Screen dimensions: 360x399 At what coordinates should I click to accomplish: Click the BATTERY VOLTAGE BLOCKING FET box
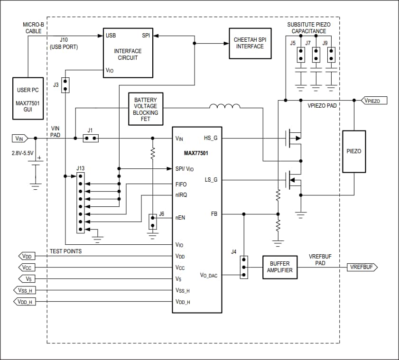146,109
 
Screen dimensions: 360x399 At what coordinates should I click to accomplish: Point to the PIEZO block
354,151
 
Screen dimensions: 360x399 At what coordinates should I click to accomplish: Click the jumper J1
90,138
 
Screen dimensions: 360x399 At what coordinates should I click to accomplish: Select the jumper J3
65,85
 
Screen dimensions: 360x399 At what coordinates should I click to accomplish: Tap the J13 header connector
81,203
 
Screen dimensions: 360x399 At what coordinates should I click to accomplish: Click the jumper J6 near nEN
152,221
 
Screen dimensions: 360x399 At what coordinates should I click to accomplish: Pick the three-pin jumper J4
243,267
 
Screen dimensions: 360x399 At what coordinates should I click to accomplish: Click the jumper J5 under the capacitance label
300,55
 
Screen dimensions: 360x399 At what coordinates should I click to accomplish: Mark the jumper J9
332,55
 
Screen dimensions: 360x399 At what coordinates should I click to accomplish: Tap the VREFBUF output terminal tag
362,268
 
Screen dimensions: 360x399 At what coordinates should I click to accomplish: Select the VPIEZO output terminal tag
374,101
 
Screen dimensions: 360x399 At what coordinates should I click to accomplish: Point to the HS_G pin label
211,138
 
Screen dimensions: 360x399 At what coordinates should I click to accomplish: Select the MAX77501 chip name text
196,153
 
